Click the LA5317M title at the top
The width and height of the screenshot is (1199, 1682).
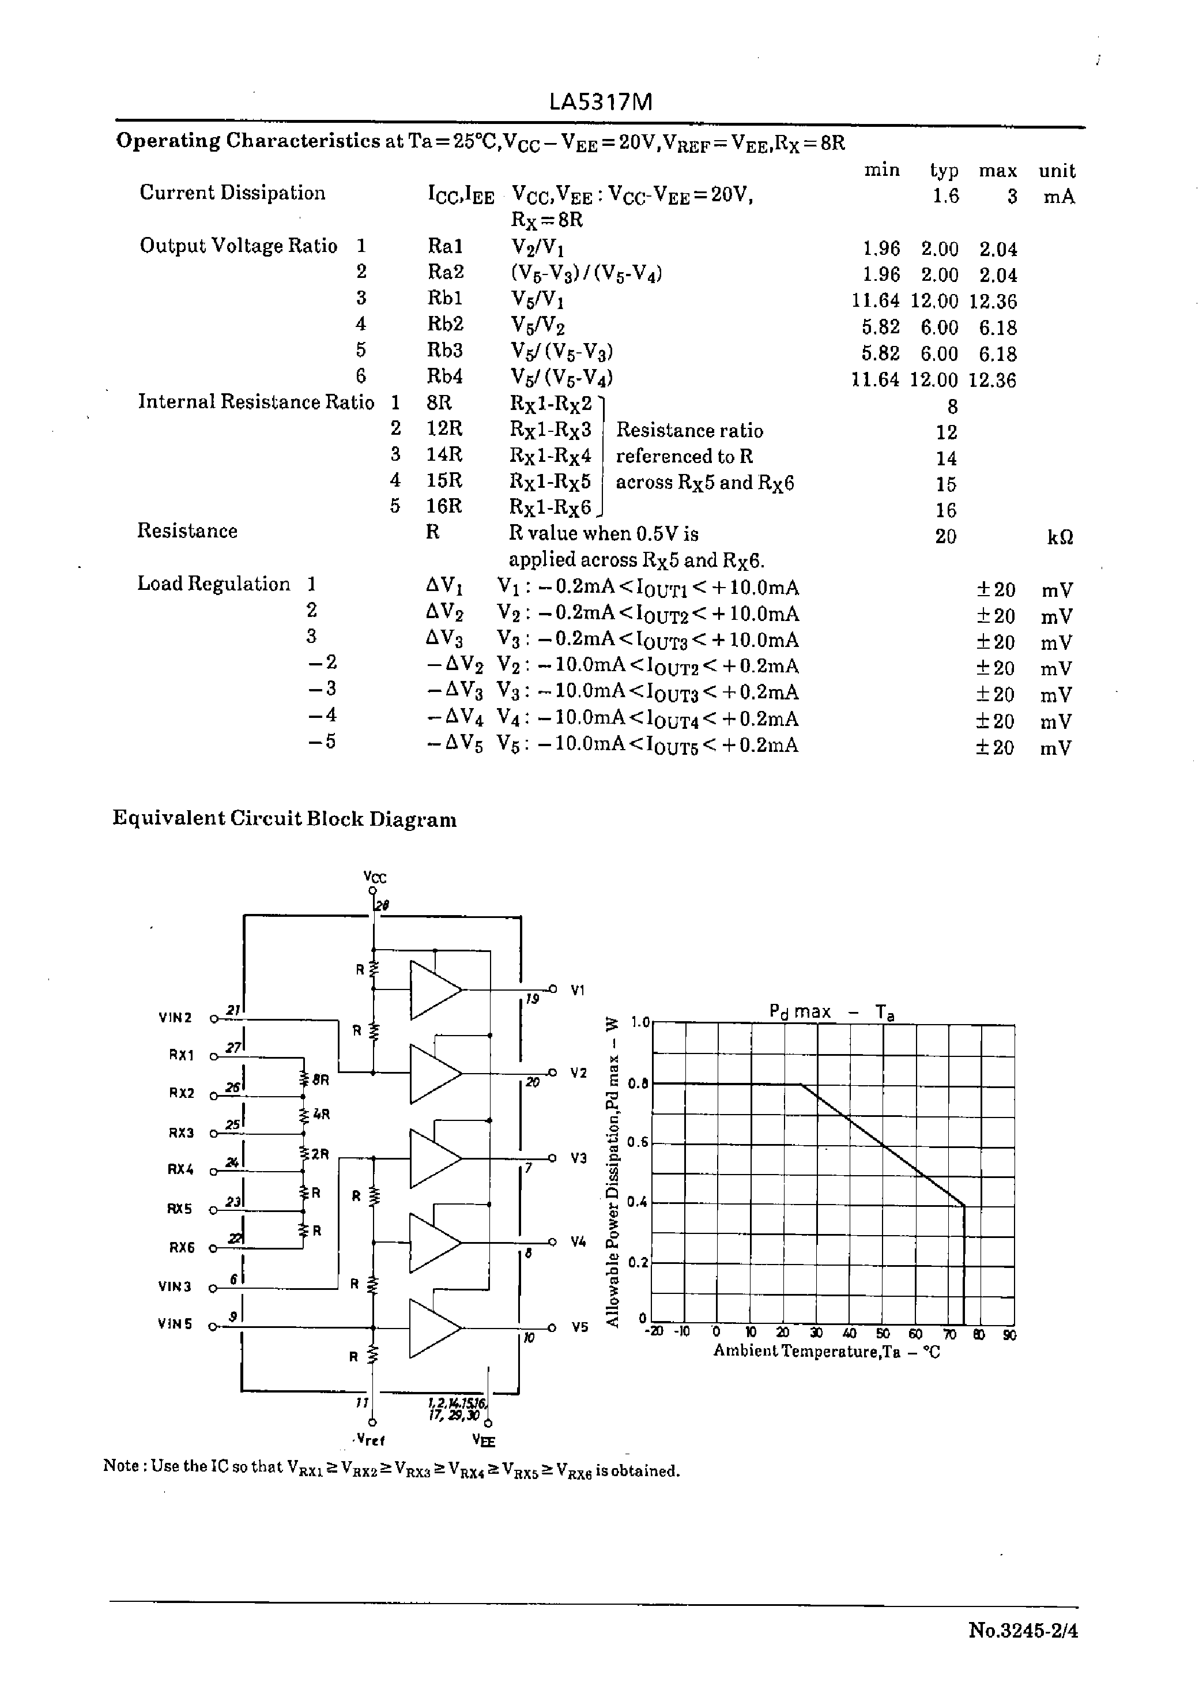tap(600, 103)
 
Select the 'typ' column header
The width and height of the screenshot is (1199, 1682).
tap(944, 171)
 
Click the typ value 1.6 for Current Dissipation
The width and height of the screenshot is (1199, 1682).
tap(946, 197)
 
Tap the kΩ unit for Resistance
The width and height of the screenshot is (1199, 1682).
tap(1060, 537)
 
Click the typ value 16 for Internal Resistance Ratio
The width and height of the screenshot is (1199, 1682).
tap(946, 511)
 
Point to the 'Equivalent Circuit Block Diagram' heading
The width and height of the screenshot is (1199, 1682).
tap(284, 819)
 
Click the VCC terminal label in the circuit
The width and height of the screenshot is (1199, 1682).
tap(375, 877)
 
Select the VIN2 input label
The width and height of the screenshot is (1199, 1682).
tap(175, 1018)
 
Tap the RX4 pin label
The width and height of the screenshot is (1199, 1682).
tap(181, 1169)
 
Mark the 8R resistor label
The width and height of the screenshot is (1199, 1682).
tap(321, 1079)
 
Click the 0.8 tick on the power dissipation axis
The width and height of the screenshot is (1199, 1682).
tap(638, 1084)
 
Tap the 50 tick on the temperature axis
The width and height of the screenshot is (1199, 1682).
tap(883, 1334)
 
